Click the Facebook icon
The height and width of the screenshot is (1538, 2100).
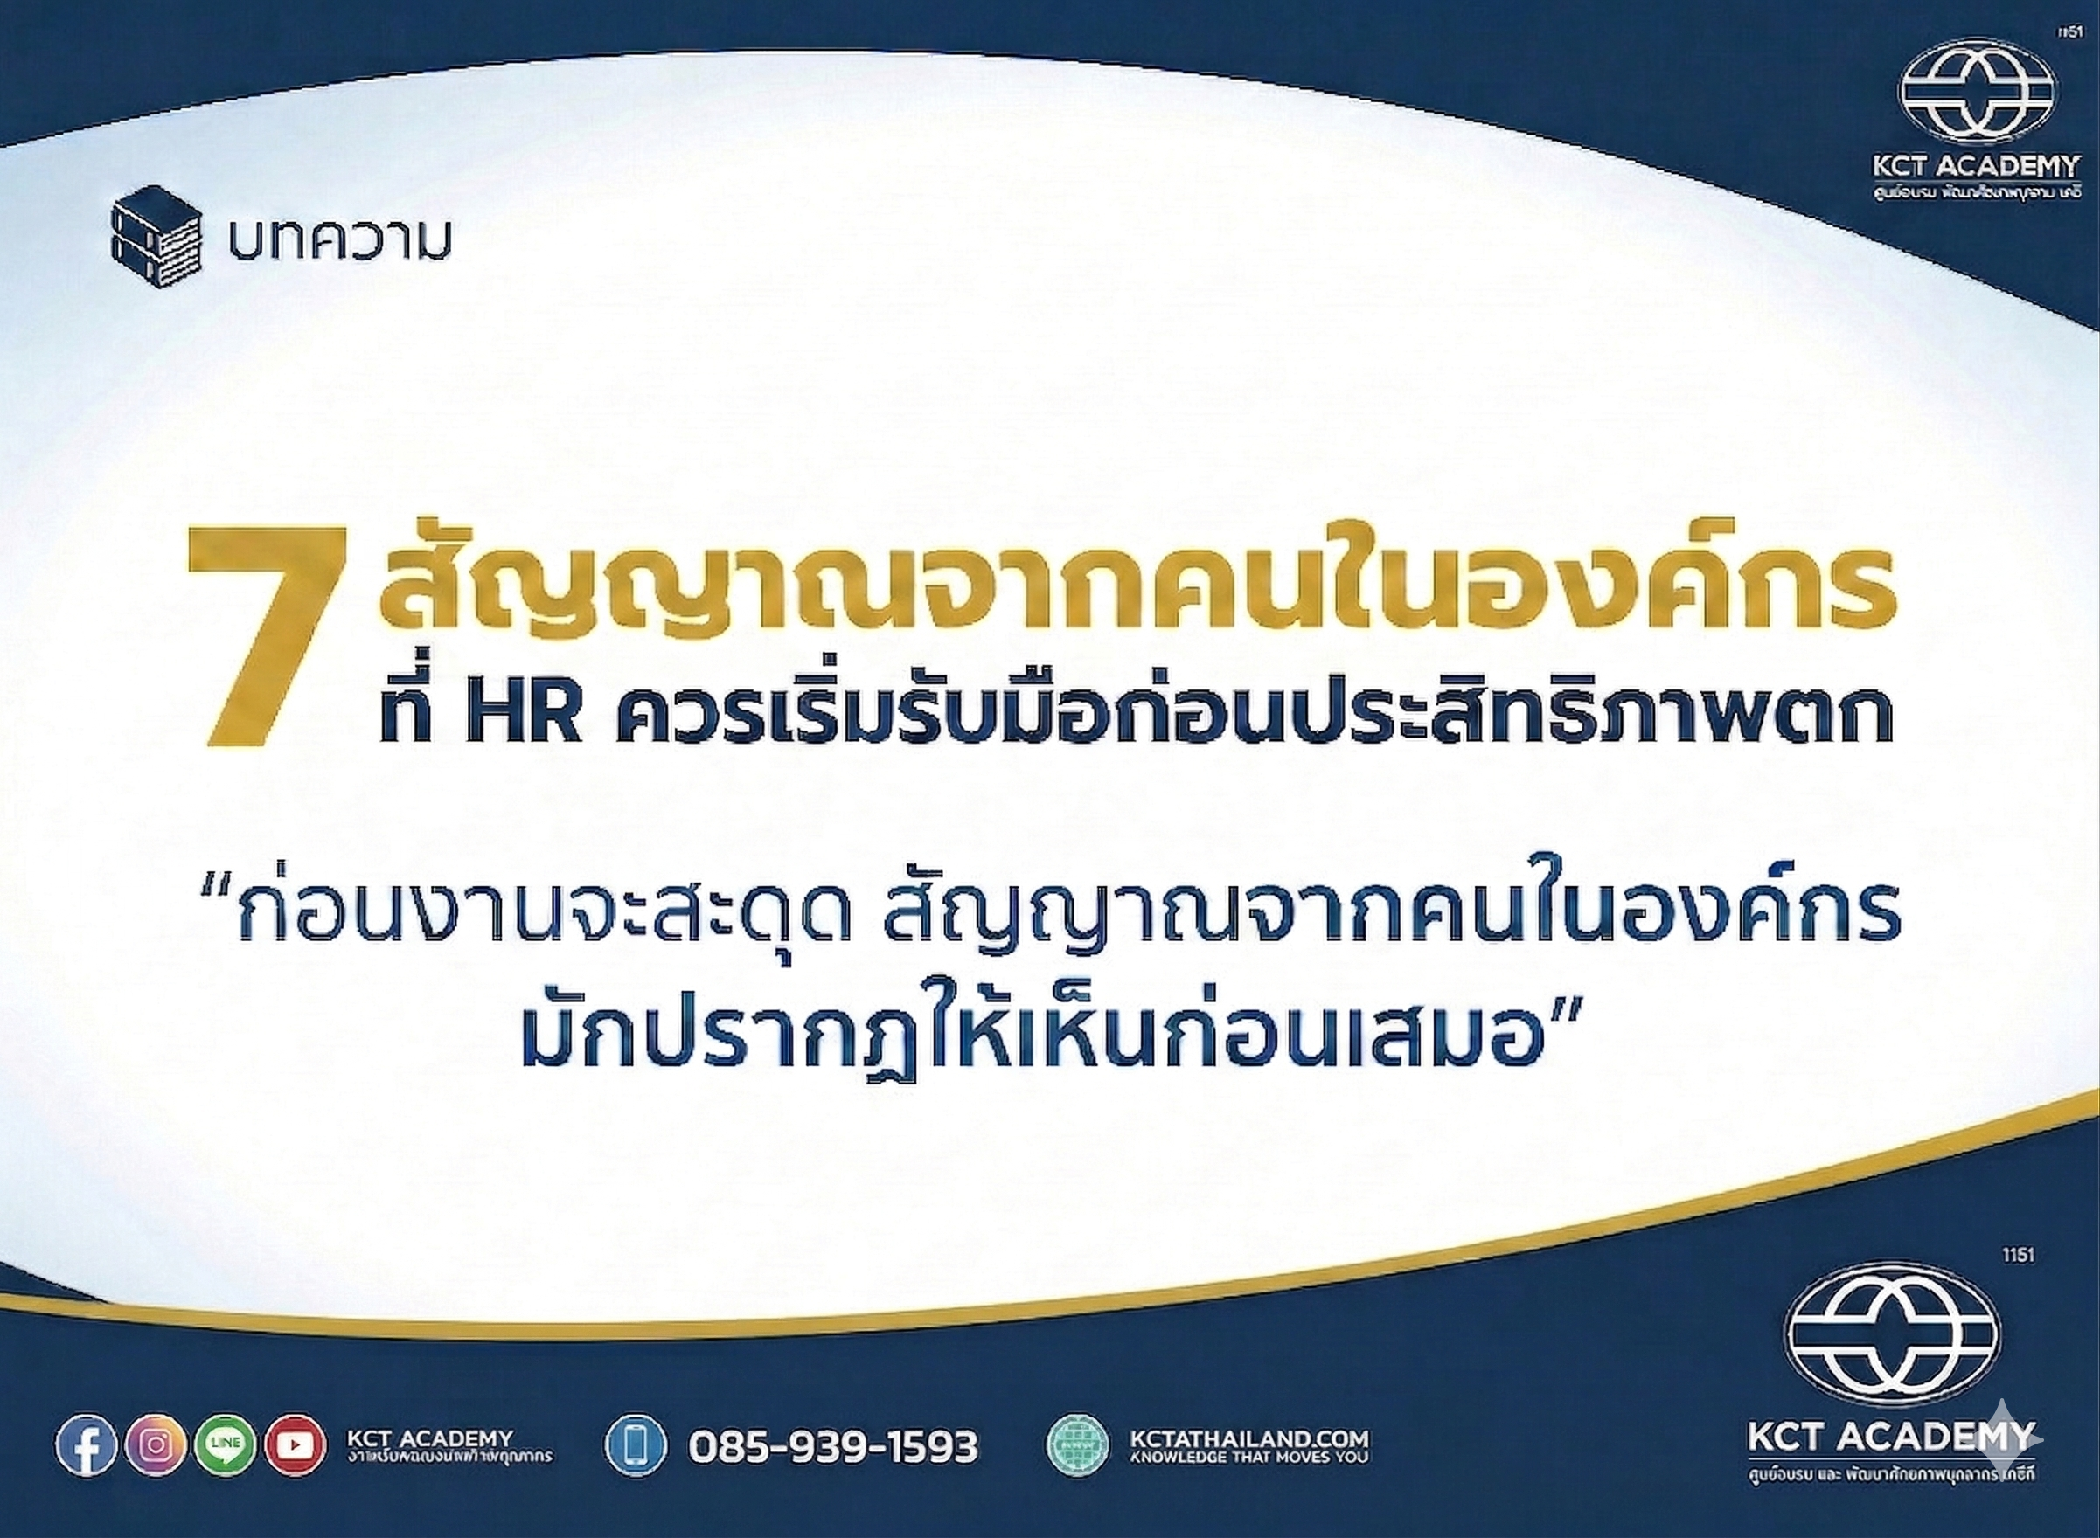[87, 1472]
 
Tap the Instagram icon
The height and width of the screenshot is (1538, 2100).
[156, 1472]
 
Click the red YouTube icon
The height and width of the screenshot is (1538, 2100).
[296, 1472]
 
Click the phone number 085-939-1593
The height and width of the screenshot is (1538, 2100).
[832, 1472]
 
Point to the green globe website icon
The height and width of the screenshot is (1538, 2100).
[1077, 1472]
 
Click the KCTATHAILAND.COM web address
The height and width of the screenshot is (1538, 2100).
[1248, 1465]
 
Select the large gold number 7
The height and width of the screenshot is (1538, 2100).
[267, 637]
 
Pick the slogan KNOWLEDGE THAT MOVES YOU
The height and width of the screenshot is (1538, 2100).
[1248, 1483]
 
